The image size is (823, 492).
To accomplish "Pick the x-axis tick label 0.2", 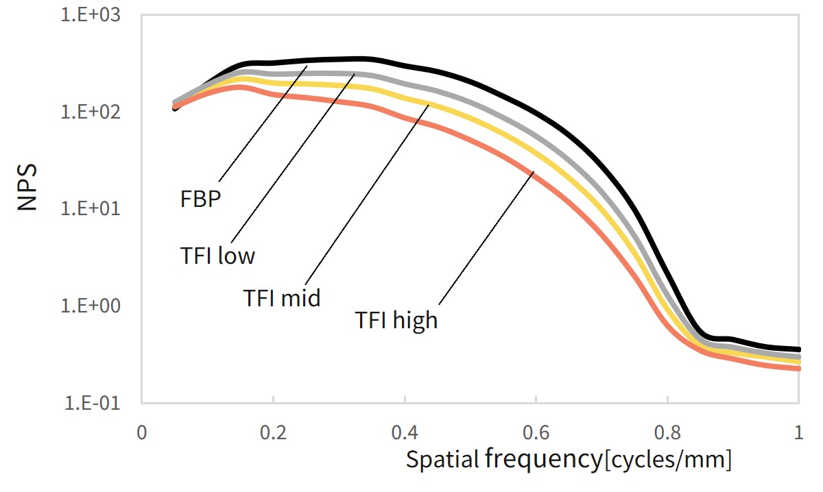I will point(273,433).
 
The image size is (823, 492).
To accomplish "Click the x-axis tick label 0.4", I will point(405,433).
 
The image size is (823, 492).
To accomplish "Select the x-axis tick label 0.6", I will point(536,433).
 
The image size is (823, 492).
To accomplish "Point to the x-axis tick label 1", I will point(798,433).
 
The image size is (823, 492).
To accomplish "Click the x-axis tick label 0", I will point(141,433).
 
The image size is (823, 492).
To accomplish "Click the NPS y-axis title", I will point(27,186).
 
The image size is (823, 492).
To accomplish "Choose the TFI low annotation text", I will point(217,256).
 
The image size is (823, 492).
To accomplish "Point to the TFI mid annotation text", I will point(281,298).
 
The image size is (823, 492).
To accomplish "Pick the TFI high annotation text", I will point(396,320).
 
